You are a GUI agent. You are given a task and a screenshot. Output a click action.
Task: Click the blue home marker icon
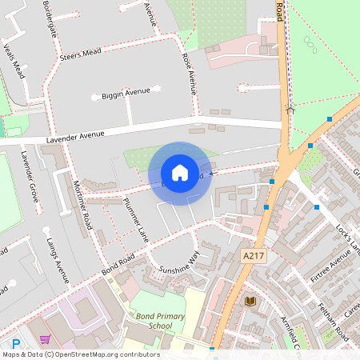tap(179, 172)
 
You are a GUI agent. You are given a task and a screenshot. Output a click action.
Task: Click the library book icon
tap(250, 301)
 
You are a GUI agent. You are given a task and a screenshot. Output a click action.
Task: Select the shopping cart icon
tap(45, 339)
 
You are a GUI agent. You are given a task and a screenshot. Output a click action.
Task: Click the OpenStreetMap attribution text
tap(81, 354)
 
